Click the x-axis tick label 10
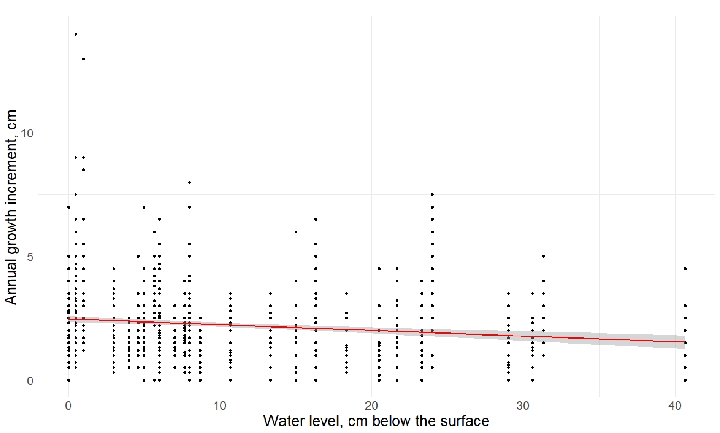click(x=220, y=406)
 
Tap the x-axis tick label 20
click(x=371, y=406)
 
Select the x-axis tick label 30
click(x=523, y=406)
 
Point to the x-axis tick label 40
click(x=675, y=406)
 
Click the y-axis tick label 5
click(x=30, y=257)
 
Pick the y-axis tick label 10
click(x=27, y=133)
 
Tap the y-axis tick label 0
click(x=30, y=381)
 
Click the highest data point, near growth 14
click(x=76, y=34)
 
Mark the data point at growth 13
click(x=83, y=59)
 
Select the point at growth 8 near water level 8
click(x=190, y=182)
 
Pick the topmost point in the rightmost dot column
click(x=685, y=269)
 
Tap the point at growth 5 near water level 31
click(x=543, y=256)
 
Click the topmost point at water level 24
click(x=432, y=195)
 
